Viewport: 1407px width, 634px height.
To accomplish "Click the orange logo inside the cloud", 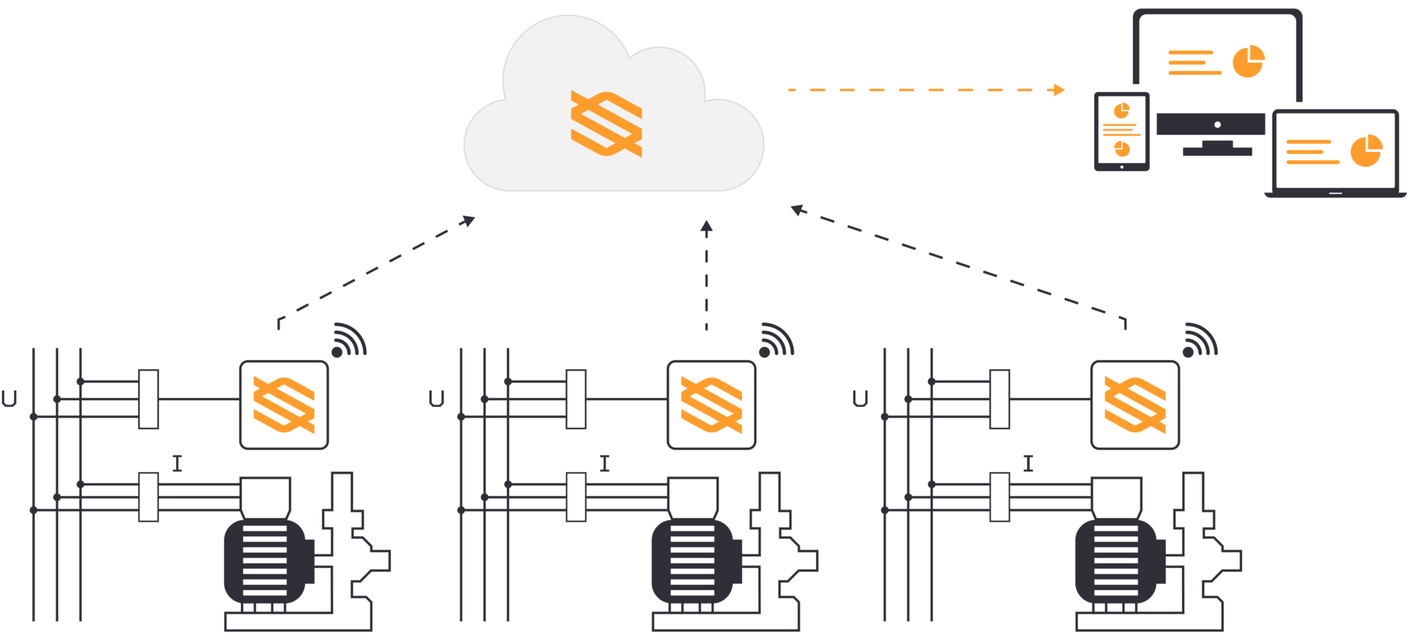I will (x=607, y=124).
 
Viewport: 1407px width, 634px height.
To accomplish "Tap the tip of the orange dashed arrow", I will (x=1062, y=89).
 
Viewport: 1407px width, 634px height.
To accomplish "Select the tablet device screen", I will (x=1122, y=130).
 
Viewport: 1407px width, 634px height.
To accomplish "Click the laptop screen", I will (x=1335, y=151).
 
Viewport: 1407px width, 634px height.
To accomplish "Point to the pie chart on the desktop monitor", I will (x=1248, y=61).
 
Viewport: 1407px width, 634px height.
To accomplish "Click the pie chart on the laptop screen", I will (x=1366, y=151).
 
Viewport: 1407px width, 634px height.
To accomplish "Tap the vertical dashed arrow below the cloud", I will (x=706, y=275).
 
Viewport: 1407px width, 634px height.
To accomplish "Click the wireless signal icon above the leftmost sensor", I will (x=349, y=340).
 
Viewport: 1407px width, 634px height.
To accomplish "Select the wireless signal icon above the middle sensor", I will (x=776, y=340).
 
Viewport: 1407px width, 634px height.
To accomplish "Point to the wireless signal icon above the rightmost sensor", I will (x=1200, y=340).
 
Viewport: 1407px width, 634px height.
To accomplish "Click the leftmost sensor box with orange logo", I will (x=284, y=404).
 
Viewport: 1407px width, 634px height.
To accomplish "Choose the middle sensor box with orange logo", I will (x=711, y=404).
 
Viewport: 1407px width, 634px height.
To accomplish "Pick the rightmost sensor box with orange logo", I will (x=1135, y=404).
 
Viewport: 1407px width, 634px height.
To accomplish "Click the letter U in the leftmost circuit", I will (x=10, y=398).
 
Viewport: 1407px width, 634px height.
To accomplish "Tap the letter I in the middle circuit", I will (x=605, y=463).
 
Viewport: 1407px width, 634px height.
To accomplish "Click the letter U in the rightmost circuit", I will (x=860, y=398).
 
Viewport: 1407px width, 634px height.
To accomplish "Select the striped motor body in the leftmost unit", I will (x=265, y=561).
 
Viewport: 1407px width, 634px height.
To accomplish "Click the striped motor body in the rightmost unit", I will (x=1116, y=561).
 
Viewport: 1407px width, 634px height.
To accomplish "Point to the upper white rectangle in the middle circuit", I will (x=576, y=399).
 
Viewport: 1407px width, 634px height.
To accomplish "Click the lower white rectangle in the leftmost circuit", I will (x=148, y=496).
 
